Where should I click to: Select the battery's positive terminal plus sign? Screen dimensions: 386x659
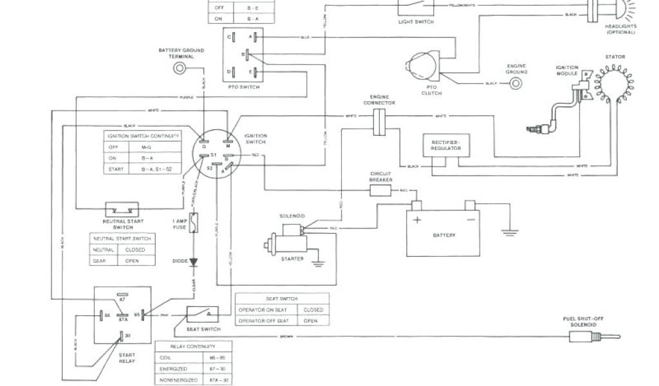click(x=417, y=219)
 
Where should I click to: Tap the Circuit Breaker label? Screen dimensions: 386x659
click(x=380, y=177)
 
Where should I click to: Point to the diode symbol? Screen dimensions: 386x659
click(x=193, y=262)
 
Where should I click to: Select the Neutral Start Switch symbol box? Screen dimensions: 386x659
click(x=122, y=209)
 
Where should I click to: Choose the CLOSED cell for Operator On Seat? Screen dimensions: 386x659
click(x=313, y=309)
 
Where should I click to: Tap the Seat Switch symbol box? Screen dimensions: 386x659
click(x=203, y=313)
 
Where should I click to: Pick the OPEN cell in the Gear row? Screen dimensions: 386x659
click(x=136, y=260)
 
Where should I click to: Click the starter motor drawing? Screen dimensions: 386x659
click(x=286, y=244)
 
